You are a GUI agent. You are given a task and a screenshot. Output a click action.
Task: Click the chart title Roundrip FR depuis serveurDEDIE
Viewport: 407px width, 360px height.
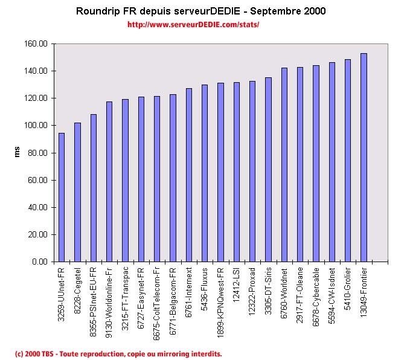(200, 11)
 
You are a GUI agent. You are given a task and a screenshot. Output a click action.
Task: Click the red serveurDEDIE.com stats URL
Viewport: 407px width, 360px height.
(193, 25)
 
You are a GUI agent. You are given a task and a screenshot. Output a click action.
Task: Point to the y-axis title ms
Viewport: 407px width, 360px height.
(18, 153)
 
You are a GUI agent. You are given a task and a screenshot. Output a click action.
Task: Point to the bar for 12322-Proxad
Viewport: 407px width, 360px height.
(252, 172)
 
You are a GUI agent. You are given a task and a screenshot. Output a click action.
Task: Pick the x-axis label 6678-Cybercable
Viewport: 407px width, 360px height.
(316, 291)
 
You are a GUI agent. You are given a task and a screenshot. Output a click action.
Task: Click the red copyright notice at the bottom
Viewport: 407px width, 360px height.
(118, 353)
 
